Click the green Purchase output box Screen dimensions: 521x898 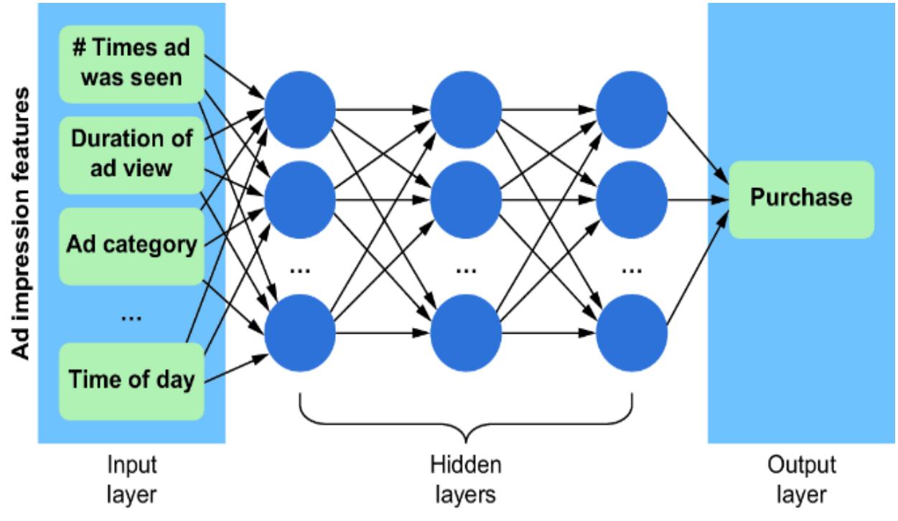tap(801, 200)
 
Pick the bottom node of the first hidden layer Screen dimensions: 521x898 tap(299, 332)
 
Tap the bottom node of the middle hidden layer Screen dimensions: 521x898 tap(466, 332)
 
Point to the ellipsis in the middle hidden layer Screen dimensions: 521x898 tap(466, 269)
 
